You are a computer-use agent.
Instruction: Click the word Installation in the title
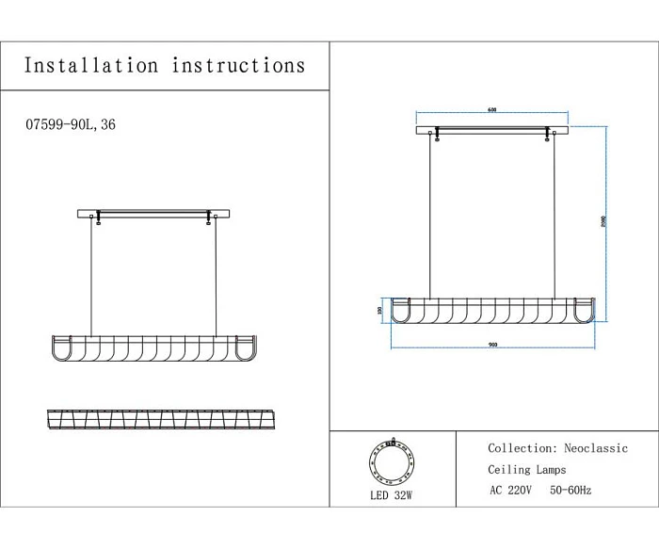pos(90,65)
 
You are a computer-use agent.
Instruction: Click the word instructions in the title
pos(239,65)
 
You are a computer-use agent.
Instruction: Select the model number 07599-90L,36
pos(72,124)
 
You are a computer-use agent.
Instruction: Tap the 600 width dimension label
pos(492,110)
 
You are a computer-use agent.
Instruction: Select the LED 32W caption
pos(393,493)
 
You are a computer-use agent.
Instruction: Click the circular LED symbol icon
pos(392,460)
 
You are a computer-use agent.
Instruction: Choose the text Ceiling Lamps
pos(527,470)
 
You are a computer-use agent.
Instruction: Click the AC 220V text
pos(511,491)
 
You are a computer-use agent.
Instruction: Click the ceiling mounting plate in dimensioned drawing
pos(493,130)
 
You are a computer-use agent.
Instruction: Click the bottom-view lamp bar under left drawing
pos(154,417)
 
